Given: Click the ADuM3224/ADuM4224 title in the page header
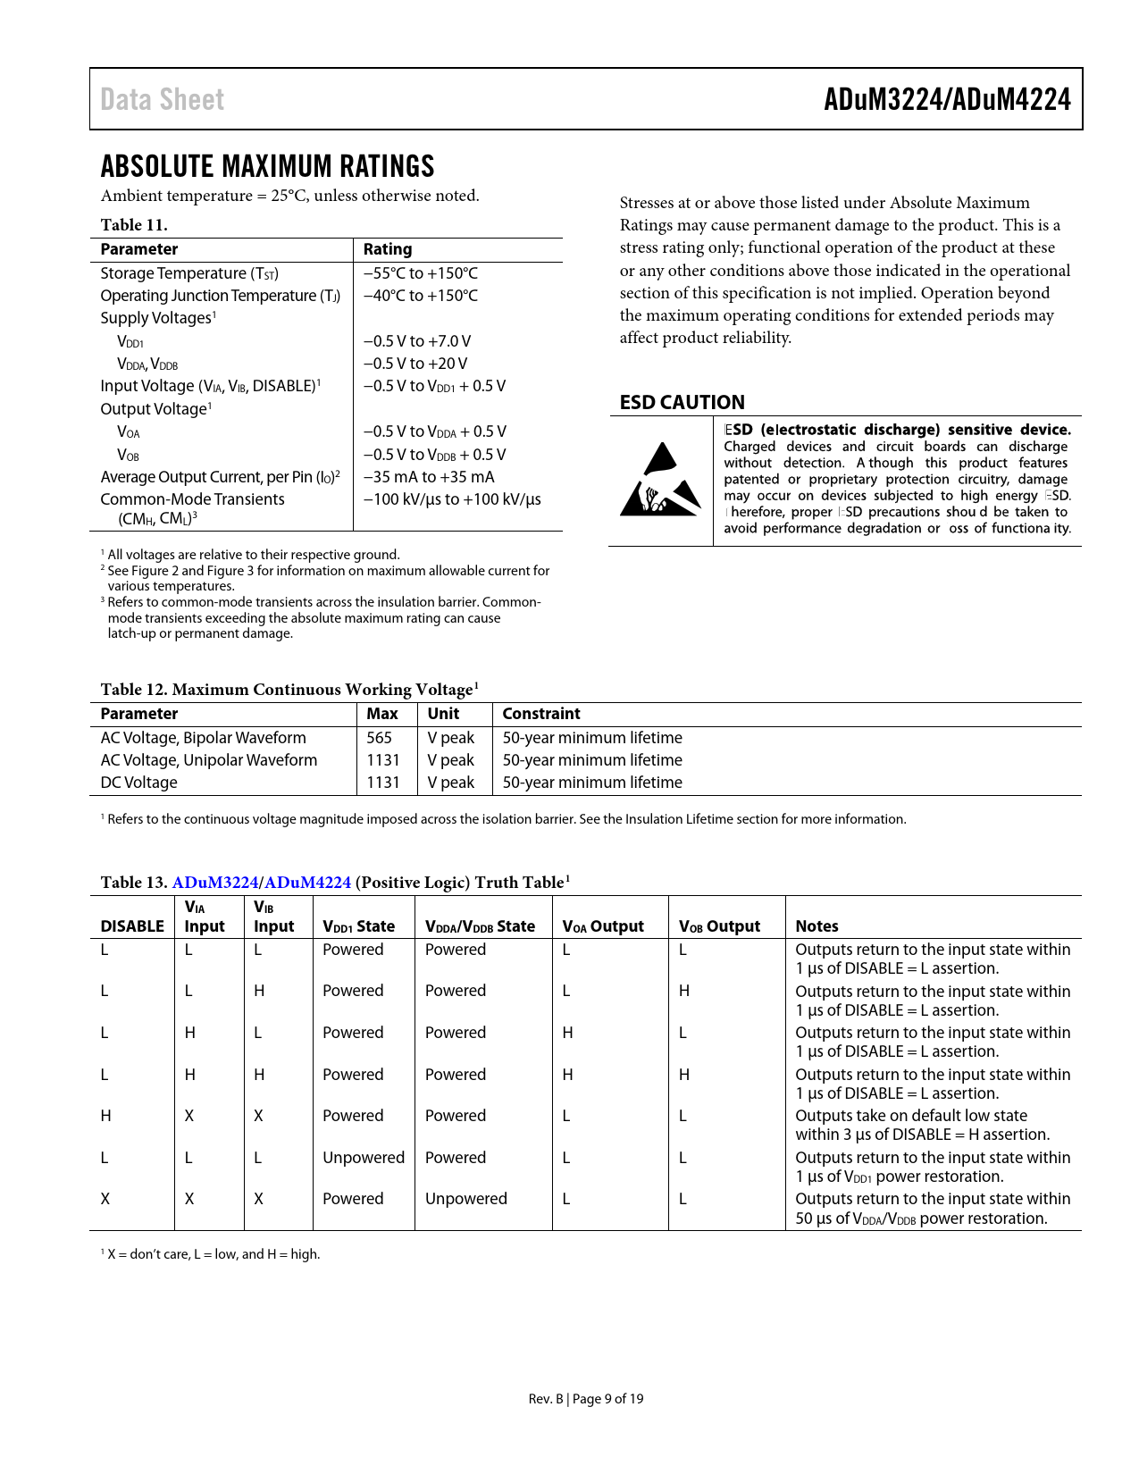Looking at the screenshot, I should pos(947,99).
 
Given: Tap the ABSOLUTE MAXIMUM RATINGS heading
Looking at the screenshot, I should pos(267,166).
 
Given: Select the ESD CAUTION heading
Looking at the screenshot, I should pos(682,402).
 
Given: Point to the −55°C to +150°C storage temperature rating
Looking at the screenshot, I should pos(420,273).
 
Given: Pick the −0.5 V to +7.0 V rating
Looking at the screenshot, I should pos(416,341).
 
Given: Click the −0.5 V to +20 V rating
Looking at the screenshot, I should pos(415,364).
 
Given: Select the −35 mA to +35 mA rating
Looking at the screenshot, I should pos(428,477).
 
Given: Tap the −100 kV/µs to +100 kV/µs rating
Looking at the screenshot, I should pos(451,499).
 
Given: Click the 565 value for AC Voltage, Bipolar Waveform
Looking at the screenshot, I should pos(379,738).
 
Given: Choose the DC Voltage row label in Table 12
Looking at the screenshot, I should pos(138,783).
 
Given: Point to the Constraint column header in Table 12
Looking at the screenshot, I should pos(540,714).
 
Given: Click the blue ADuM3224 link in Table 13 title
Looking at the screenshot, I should pos(214,883).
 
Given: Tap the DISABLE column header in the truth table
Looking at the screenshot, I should pos(132,926).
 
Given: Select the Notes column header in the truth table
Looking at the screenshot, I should pos(817,926).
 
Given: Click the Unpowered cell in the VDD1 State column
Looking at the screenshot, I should pos(363,1158).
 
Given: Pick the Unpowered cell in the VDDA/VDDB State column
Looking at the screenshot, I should pos(465,1199).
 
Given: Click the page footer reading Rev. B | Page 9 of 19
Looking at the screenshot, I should pos(585,1399).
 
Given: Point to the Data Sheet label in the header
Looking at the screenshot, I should pos(162,99).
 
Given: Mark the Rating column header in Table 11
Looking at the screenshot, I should pos(387,249).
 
